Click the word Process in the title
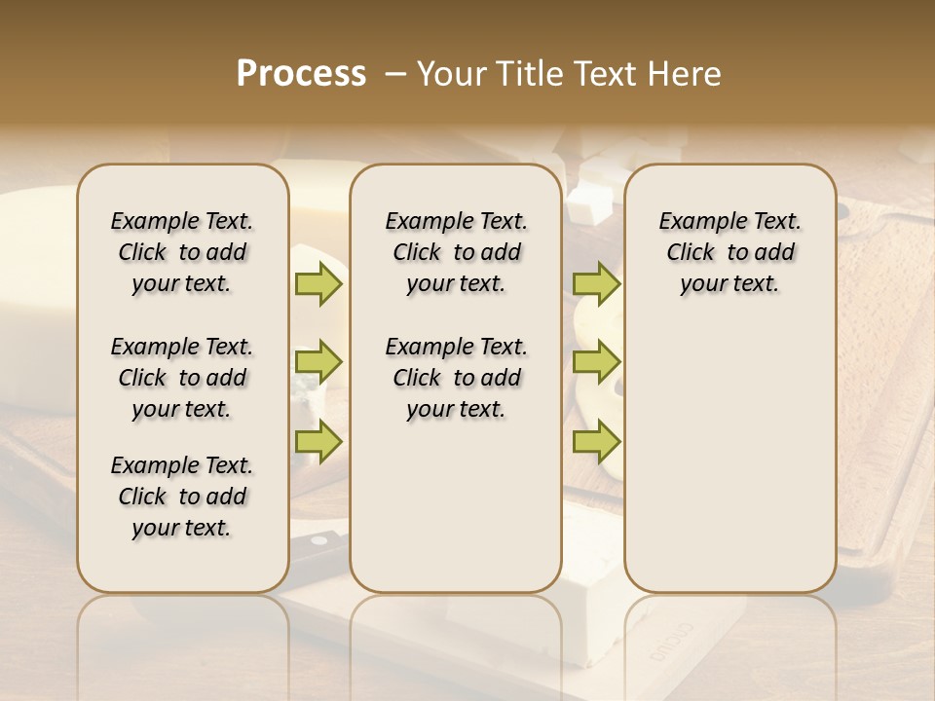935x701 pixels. tap(301, 73)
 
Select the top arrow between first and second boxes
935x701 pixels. tap(318, 283)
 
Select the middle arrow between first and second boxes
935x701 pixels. tap(318, 362)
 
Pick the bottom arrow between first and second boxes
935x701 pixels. tap(318, 441)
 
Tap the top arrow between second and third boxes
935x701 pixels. tap(596, 283)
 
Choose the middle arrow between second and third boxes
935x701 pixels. tap(596, 362)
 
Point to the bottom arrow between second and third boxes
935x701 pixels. tap(596, 441)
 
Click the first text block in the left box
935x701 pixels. tap(182, 252)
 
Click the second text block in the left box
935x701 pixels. tap(182, 378)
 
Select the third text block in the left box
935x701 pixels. tap(182, 497)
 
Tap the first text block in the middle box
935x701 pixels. tap(456, 252)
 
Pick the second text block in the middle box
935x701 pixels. tap(456, 378)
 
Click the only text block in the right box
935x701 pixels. tap(729, 252)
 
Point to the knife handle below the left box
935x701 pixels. tap(319, 545)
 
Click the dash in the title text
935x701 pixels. tap(395, 74)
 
